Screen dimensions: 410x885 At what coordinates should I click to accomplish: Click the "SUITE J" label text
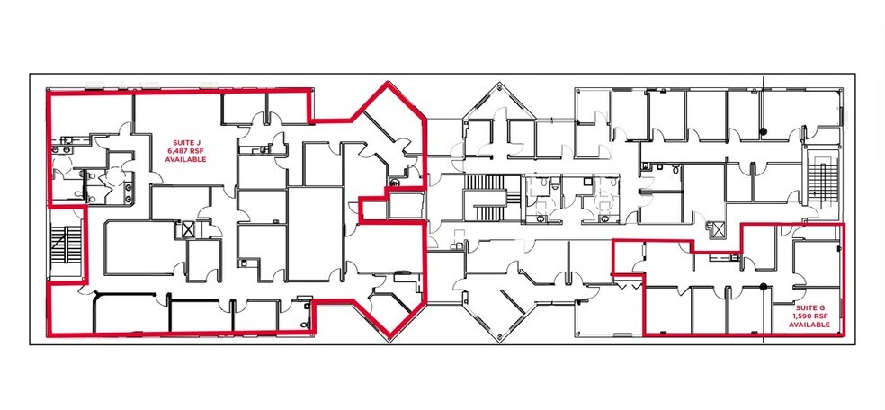[185, 142]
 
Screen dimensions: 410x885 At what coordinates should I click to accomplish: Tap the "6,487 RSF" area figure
[185, 150]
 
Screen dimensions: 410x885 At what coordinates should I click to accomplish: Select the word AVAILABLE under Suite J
[185, 159]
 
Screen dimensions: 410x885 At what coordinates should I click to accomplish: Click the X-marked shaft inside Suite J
[187, 228]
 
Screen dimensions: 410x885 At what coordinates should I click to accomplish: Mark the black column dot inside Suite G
[763, 288]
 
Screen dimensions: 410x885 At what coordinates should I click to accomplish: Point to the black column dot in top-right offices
[763, 133]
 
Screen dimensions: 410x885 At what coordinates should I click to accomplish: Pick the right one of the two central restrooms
[600, 200]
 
